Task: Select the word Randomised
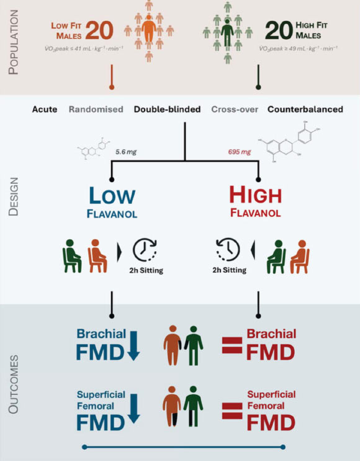coord(96,109)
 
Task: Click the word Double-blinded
coord(167,109)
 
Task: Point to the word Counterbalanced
coord(305,109)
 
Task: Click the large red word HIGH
coord(254,196)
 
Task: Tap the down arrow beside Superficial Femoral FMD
coord(133,411)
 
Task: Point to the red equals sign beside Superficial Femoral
coord(232,411)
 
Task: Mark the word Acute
coord(45,109)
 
